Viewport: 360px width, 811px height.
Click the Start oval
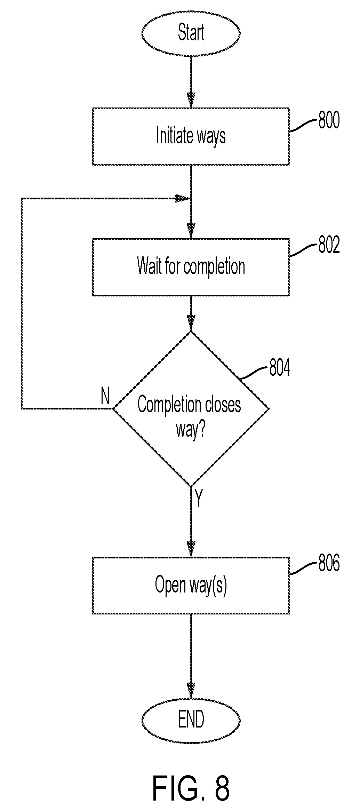(191, 33)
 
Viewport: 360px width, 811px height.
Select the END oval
(191, 719)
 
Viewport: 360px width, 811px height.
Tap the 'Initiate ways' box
(191, 136)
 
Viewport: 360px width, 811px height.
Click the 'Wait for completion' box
(191, 267)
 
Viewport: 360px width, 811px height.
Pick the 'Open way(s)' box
(191, 585)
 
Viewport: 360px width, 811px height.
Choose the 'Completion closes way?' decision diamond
(191, 409)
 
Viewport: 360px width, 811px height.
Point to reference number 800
(329, 120)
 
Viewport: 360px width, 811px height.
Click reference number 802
(329, 246)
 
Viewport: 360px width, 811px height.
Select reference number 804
(280, 367)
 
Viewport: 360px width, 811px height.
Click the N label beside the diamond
(105, 396)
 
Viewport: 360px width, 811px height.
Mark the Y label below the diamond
(199, 499)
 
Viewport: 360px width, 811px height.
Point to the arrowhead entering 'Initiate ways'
(191, 100)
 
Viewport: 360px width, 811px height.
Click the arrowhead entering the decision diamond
(191, 323)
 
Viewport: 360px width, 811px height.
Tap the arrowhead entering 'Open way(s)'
(191, 549)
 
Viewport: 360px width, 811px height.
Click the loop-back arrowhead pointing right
(182, 199)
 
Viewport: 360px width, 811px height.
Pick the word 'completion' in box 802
(214, 268)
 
